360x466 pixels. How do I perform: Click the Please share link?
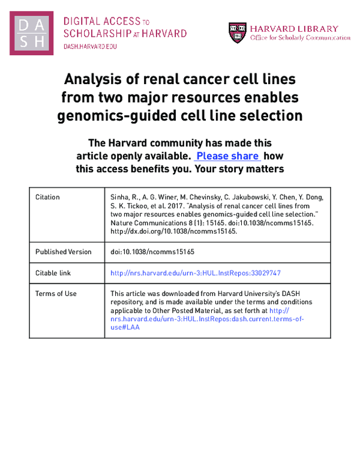point(228,156)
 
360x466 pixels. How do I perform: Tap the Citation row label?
point(47,197)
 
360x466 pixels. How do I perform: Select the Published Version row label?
point(64,252)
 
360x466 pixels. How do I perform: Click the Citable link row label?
point(53,273)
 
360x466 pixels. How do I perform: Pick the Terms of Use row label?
point(56,294)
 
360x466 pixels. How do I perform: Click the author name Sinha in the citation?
point(122,197)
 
